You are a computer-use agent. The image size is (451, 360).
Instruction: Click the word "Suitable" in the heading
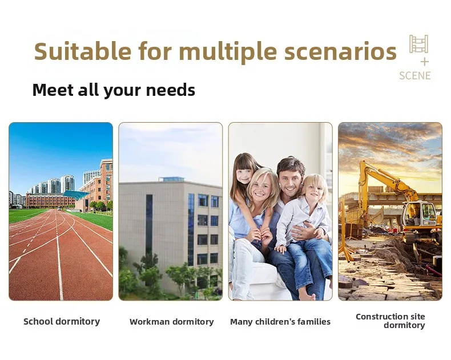click(x=83, y=51)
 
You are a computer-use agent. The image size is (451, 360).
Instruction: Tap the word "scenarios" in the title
click(x=341, y=51)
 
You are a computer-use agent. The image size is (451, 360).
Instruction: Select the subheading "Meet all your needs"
click(x=114, y=90)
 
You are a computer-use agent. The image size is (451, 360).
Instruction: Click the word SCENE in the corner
click(x=415, y=76)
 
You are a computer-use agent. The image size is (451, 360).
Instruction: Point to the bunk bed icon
click(x=419, y=44)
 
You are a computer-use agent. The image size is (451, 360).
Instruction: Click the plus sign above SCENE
click(x=425, y=62)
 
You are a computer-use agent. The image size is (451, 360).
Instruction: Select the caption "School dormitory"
click(x=62, y=321)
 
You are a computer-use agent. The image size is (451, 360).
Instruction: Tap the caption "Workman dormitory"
click(x=171, y=321)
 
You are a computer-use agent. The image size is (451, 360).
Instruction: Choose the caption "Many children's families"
click(x=280, y=321)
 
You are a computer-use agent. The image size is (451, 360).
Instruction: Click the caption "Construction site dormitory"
click(x=390, y=321)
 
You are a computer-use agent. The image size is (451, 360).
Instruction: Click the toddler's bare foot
click(x=305, y=296)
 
